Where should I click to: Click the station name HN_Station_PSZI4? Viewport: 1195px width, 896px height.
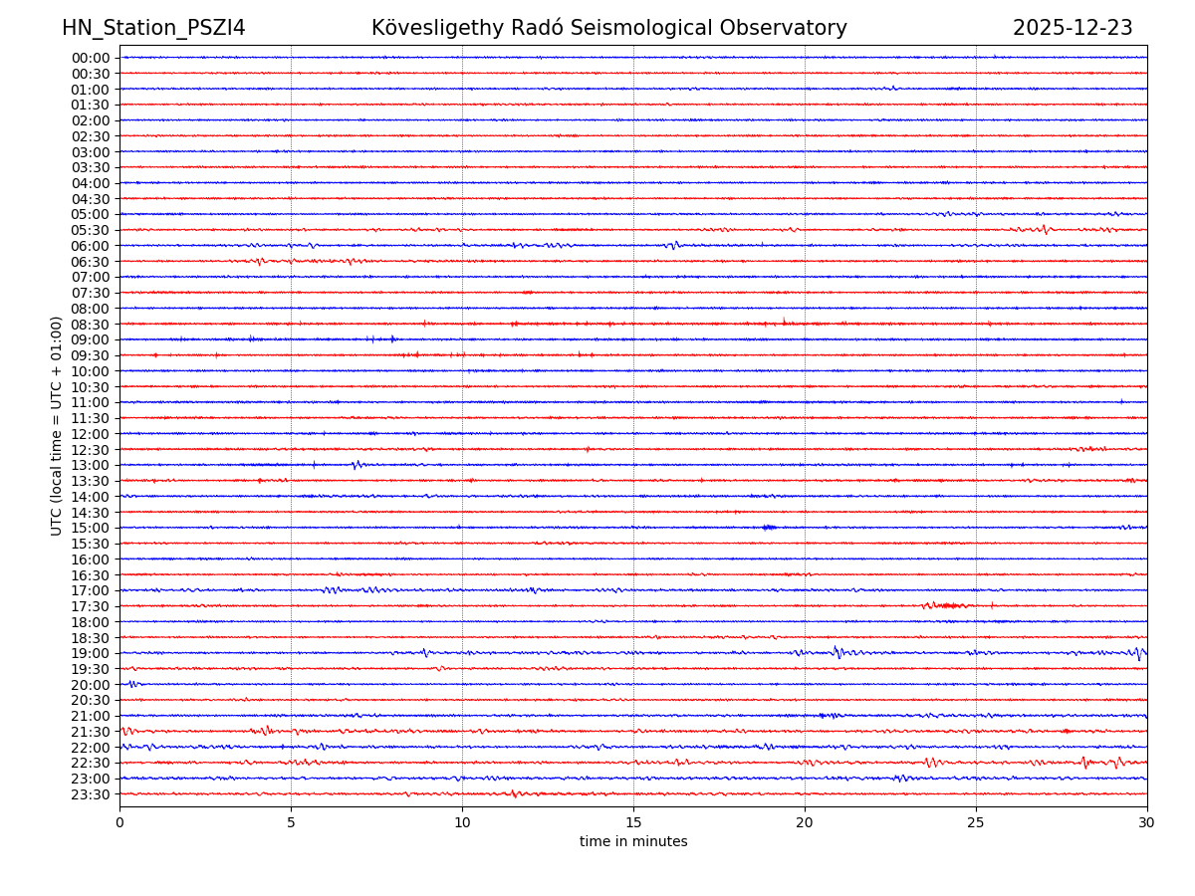pyautogui.click(x=153, y=28)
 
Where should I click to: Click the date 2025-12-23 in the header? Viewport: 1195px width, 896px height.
pyautogui.click(x=1073, y=28)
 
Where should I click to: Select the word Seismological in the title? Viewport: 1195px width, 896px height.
pyautogui.click(x=672, y=28)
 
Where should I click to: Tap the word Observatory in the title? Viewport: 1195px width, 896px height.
pyautogui.click(x=794, y=28)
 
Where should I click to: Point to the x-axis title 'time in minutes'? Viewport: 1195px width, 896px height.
pyautogui.click(x=633, y=842)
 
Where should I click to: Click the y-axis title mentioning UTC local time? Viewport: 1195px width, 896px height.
pyautogui.click(x=57, y=426)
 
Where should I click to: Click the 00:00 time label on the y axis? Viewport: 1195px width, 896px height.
pyautogui.click(x=91, y=58)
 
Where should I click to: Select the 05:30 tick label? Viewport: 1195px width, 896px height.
pyautogui.click(x=91, y=230)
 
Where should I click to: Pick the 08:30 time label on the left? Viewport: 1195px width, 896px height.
pyautogui.click(x=91, y=325)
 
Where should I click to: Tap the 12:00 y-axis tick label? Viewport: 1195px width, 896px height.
pyautogui.click(x=91, y=434)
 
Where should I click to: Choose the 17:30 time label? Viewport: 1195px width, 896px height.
pyautogui.click(x=91, y=606)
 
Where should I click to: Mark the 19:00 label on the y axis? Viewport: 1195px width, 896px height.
pyautogui.click(x=91, y=653)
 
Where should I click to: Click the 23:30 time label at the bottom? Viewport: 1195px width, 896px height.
pyautogui.click(x=91, y=794)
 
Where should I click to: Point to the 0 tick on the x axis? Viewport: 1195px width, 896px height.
pyautogui.click(x=119, y=823)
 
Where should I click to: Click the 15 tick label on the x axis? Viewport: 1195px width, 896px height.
pyautogui.click(x=633, y=823)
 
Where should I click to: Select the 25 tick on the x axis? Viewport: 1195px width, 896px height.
pyautogui.click(x=976, y=823)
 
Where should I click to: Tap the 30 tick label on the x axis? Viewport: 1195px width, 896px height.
pyautogui.click(x=1147, y=823)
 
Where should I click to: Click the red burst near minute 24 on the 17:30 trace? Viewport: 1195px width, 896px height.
pyautogui.click(x=944, y=605)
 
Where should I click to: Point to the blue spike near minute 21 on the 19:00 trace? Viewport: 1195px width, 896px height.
pyautogui.click(x=837, y=652)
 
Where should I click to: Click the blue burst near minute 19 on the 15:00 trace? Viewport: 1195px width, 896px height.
pyautogui.click(x=768, y=527)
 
